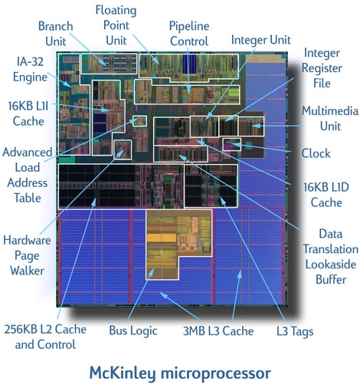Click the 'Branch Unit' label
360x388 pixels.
coord(56,34)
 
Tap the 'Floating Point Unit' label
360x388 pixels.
coord(116,25)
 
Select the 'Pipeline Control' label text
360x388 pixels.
coord(189,34)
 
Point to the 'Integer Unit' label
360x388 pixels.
coord(260,40)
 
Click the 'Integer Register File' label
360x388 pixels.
coord(322,68)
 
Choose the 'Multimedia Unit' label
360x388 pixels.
coord(330,118)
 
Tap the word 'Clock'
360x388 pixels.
coord(316,153)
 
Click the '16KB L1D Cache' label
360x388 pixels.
coord(326,195)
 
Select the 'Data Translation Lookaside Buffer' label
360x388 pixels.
coord(331,256)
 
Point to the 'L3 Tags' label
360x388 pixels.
coord(295,331)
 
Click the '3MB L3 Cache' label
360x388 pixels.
coord(218,331)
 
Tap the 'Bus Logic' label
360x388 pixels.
coord(133,330)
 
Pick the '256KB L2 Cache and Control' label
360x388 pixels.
coord(45,337)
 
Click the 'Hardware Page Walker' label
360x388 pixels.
coord(27,255)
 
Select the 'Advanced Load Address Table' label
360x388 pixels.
coord(28,175)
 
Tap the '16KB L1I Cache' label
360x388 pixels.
coord(28,113)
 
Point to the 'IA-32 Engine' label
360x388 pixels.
coord(30,70)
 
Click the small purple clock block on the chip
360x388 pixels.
coord(232,144)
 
